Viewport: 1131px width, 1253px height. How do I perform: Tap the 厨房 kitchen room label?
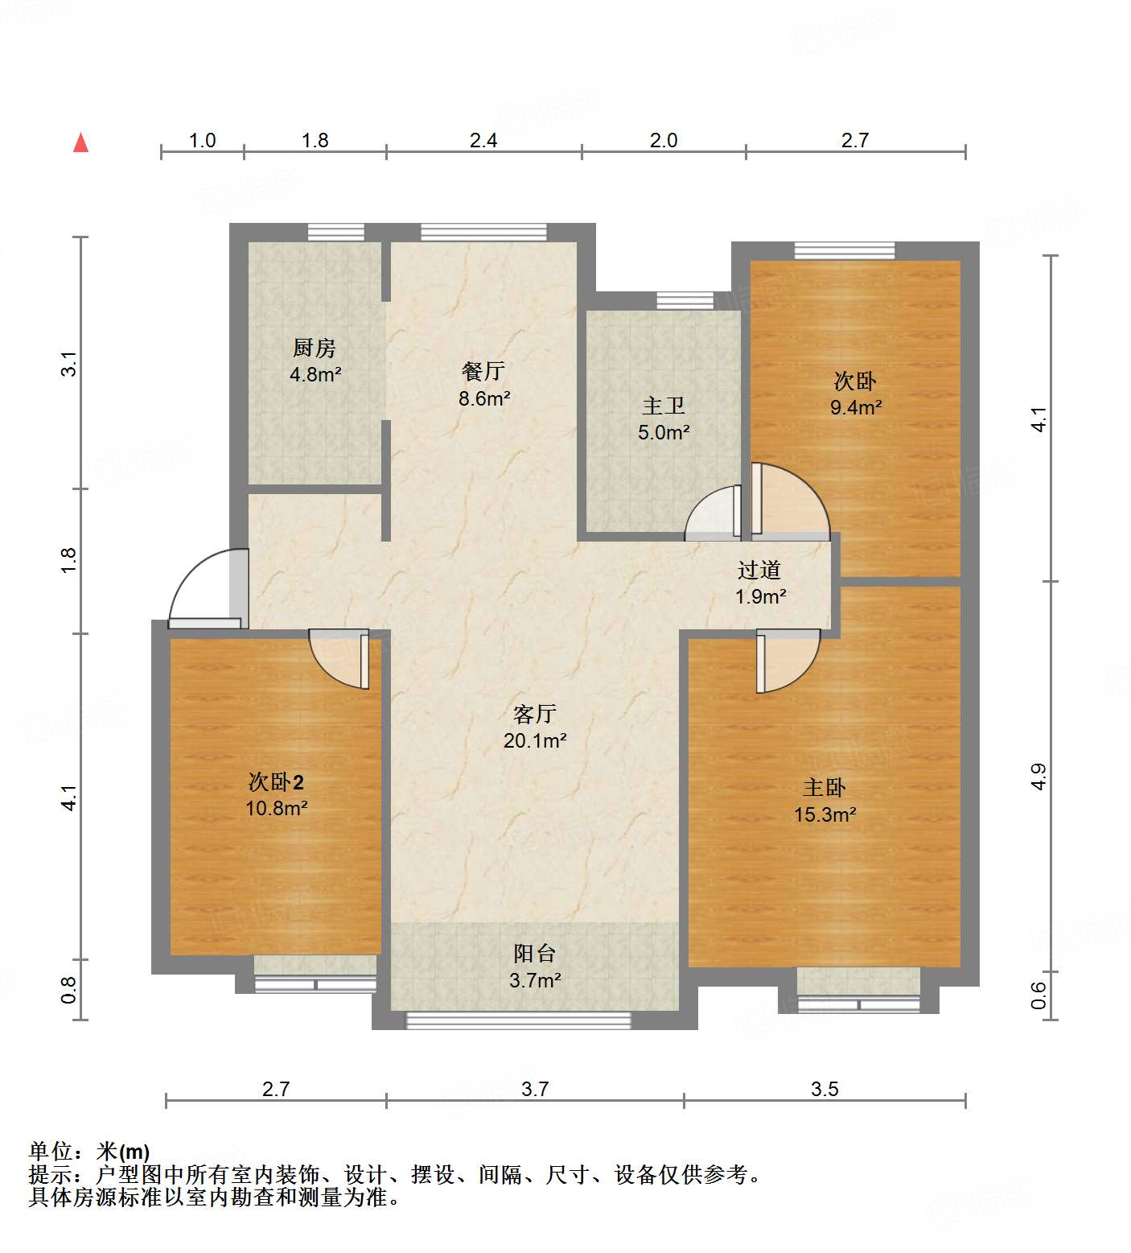(314, 348)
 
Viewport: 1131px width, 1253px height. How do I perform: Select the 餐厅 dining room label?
(483, 371)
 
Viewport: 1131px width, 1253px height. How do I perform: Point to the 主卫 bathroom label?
(664, 406)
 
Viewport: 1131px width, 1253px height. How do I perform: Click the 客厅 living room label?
(535, 714)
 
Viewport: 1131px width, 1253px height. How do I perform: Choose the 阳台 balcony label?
(535, 954)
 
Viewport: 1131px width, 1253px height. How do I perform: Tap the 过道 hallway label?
(759, 570)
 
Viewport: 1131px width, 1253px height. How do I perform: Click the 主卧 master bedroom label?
(825, 787)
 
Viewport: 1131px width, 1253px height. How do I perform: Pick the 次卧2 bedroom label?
(276, 781)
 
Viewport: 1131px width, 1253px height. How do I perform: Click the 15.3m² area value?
(825, 814)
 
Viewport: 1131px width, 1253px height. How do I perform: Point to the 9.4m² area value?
(856, 407)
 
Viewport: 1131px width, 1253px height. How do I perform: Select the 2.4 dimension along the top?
(483, 141)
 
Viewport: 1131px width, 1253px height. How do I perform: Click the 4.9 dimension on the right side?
(1038, 776)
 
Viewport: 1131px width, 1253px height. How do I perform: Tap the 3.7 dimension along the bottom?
(535, 1089)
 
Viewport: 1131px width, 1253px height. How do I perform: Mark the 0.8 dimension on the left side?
(69, 989)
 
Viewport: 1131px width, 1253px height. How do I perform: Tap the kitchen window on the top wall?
(335, 232)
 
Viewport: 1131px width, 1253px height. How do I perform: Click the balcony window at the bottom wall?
(518, 1020)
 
